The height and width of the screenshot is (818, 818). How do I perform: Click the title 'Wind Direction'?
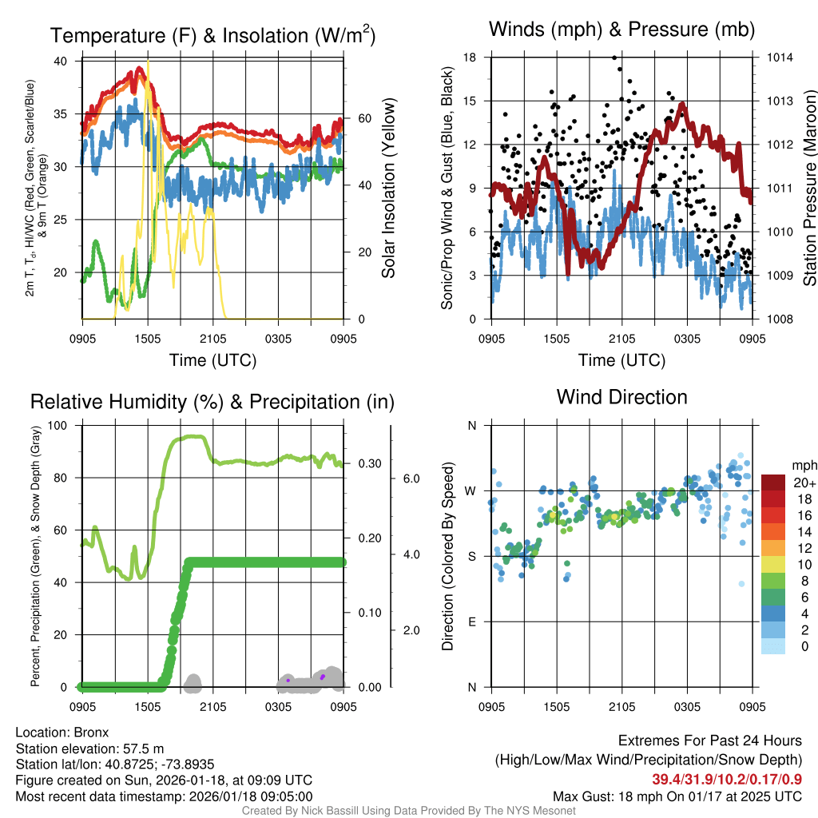click(621, 397)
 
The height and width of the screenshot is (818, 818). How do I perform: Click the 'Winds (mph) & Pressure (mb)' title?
click(621, 30)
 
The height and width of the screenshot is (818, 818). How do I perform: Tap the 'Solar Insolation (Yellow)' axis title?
click(389, 189)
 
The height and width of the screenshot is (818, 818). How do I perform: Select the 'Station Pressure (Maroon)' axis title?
click(809, 189)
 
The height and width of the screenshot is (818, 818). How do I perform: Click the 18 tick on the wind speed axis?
click(470, 58)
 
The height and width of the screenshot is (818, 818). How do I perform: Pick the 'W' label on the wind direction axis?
click(471, 490)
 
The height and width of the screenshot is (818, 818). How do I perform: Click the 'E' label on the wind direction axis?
click(472, 621)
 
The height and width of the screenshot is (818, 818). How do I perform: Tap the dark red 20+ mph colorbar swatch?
click(772, 482)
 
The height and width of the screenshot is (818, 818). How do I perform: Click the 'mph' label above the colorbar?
click(802, 465)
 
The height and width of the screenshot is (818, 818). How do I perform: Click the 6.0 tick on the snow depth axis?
click(411, 478)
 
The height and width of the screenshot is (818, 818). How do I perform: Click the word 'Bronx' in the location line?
click(91, 732)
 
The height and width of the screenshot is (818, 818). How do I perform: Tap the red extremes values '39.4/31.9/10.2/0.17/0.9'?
click(727, 780)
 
